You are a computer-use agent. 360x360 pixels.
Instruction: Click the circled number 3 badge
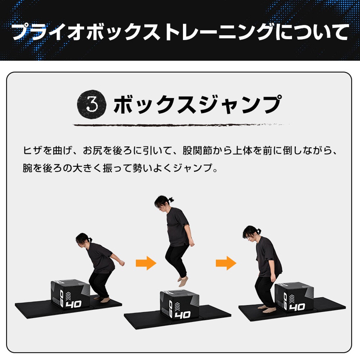tap(92, 104)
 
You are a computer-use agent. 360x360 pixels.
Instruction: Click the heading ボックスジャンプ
tap(197, 104)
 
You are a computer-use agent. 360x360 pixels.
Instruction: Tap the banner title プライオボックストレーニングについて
tap(180, 32)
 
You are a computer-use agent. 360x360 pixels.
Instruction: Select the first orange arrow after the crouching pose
tap(146, 264)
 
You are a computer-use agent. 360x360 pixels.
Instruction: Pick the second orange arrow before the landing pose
tap(226, 264)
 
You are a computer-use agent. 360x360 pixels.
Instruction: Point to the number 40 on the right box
tap(297, 307)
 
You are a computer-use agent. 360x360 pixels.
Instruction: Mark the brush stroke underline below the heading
tap(180, 125)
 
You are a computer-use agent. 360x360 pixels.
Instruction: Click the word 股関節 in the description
tap(193, 150)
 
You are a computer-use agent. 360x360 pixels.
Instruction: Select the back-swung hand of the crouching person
tap(122, 263)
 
